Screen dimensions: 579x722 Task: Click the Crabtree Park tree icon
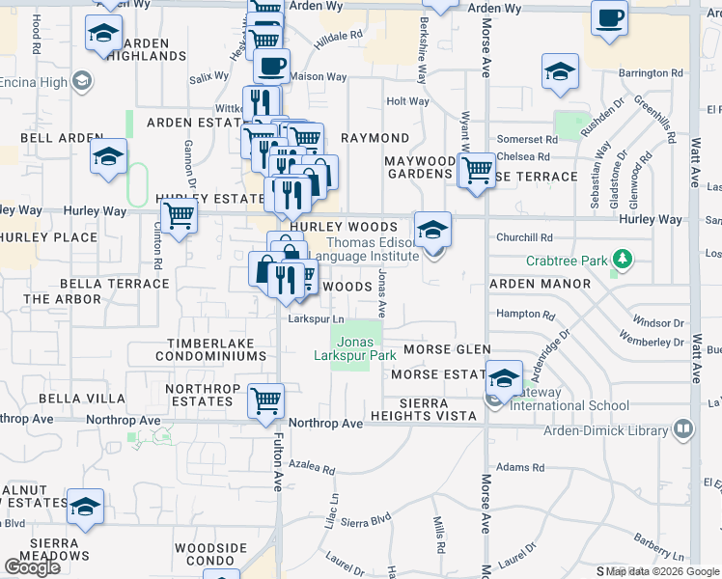(624, 260)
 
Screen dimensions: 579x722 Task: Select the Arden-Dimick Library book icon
(683, 426)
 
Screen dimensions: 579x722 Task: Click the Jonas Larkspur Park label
(354, 348)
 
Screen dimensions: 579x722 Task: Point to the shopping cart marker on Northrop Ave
(265, 400)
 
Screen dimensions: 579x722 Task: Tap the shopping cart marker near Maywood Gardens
(476, 171)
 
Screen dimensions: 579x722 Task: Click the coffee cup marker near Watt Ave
(609, 18)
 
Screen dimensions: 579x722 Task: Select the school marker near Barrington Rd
(560, 72)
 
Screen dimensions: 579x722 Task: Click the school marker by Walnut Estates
(85, 507)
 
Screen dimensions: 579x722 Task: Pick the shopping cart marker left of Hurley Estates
(179, 216)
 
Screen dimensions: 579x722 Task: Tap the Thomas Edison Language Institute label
(372, 249)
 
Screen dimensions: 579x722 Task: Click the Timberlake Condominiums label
(215, 349)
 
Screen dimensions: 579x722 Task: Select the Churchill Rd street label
(531, 237)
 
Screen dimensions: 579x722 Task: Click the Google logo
(32, 567)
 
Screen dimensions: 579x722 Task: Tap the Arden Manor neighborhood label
(540, 284)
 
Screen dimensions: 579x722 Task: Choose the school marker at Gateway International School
(503, 378)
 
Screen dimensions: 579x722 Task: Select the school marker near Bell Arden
(108, 156)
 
